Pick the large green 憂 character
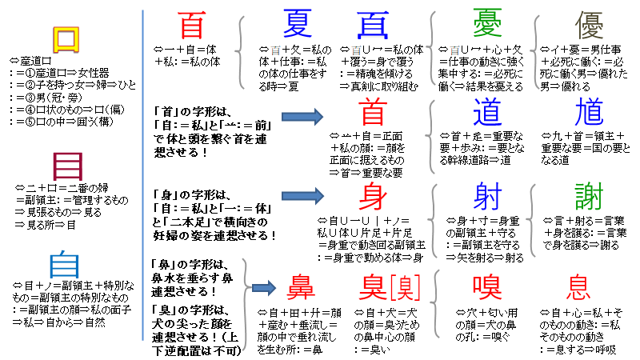click(486, 25)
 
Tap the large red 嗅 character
click(486, 286)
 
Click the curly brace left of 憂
click(434, 48)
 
